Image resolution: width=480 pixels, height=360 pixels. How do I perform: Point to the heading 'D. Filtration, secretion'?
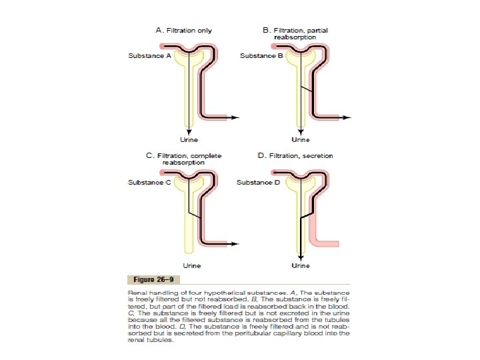point(295,156)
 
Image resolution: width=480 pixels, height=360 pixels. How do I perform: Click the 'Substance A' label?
point(150,55)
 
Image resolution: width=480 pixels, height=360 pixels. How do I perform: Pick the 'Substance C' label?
point(150,182)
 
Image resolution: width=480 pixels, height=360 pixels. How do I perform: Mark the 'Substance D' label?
point(259,182)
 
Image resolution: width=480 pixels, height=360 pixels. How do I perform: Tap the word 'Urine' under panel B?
point(301,140)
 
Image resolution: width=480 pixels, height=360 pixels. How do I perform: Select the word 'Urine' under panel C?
point(192,266)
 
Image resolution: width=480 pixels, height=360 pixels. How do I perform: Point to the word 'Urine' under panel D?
point(301,266)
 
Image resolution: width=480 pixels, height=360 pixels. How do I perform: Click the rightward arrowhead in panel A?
point(236,117)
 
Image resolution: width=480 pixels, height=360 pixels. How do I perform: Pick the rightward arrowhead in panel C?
point(236,244)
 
